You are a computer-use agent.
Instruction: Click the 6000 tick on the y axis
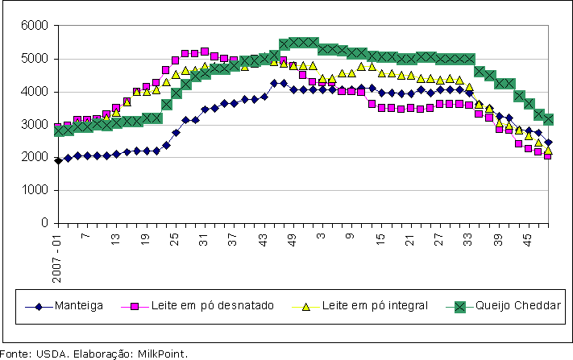[x=33, y=26]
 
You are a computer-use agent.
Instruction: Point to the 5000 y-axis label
[x=33, y=59]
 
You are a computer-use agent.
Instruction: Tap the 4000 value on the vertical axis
[x=33, y=92]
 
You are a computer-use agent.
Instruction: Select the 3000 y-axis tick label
[x=33, y=124]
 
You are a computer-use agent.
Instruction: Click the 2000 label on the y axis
[x=33, y=157]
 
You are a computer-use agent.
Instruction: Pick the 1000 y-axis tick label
[x=33, y=190]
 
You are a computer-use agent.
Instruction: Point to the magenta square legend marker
[x=135, y=306]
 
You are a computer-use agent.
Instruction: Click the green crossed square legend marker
[x=460, y=306]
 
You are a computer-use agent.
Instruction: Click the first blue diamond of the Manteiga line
[x=58, y=160]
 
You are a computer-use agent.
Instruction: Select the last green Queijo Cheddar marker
[x=548, y=119]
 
